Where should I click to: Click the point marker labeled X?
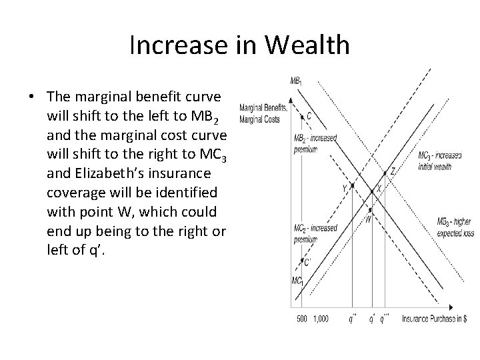click(x=372, y=191)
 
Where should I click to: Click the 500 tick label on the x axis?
click(x=301, y=319)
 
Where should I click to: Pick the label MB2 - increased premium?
click(x=315, y=143)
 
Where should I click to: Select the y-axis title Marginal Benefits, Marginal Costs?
click(x=263, y=113)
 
